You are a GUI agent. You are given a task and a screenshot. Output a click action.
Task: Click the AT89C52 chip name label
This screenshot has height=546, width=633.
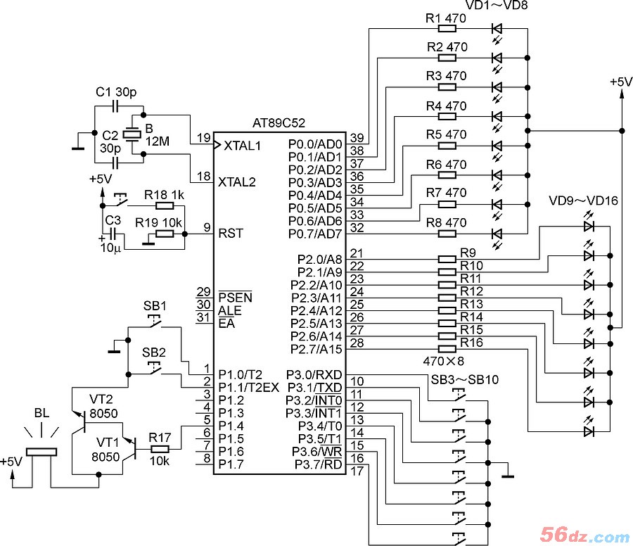pos(279,122)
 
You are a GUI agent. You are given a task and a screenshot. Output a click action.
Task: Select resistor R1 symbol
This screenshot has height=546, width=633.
pos(447,29)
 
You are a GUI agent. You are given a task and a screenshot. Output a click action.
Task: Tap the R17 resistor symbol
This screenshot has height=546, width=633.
pos(160,449)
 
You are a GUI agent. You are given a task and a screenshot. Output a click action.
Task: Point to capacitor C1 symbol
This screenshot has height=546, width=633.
pos(116,107)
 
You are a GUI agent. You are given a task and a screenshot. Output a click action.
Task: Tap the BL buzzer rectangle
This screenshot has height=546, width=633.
pos(41,452)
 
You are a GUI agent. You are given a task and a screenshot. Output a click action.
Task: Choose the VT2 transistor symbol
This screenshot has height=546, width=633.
pos(80,420)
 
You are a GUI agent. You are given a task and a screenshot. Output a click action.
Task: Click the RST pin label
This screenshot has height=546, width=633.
pos(231,234)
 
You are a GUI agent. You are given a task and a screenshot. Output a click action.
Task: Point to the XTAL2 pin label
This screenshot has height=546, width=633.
pos(237,182)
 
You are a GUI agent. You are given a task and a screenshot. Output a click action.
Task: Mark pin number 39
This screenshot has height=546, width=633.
pos(357,138)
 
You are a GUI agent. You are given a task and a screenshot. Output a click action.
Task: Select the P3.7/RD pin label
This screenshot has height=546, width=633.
pos(319,465)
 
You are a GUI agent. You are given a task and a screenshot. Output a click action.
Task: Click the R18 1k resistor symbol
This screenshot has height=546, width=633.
pos(165,206)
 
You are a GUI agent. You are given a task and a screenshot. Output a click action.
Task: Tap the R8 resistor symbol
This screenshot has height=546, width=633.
pos(447,234)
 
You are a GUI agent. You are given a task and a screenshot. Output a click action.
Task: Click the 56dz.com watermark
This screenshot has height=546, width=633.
pos(584,535)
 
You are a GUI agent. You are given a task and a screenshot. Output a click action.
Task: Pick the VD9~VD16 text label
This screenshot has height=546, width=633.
pos(583,201)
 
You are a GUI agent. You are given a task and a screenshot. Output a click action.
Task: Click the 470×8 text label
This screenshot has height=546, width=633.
pos(443,361)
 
